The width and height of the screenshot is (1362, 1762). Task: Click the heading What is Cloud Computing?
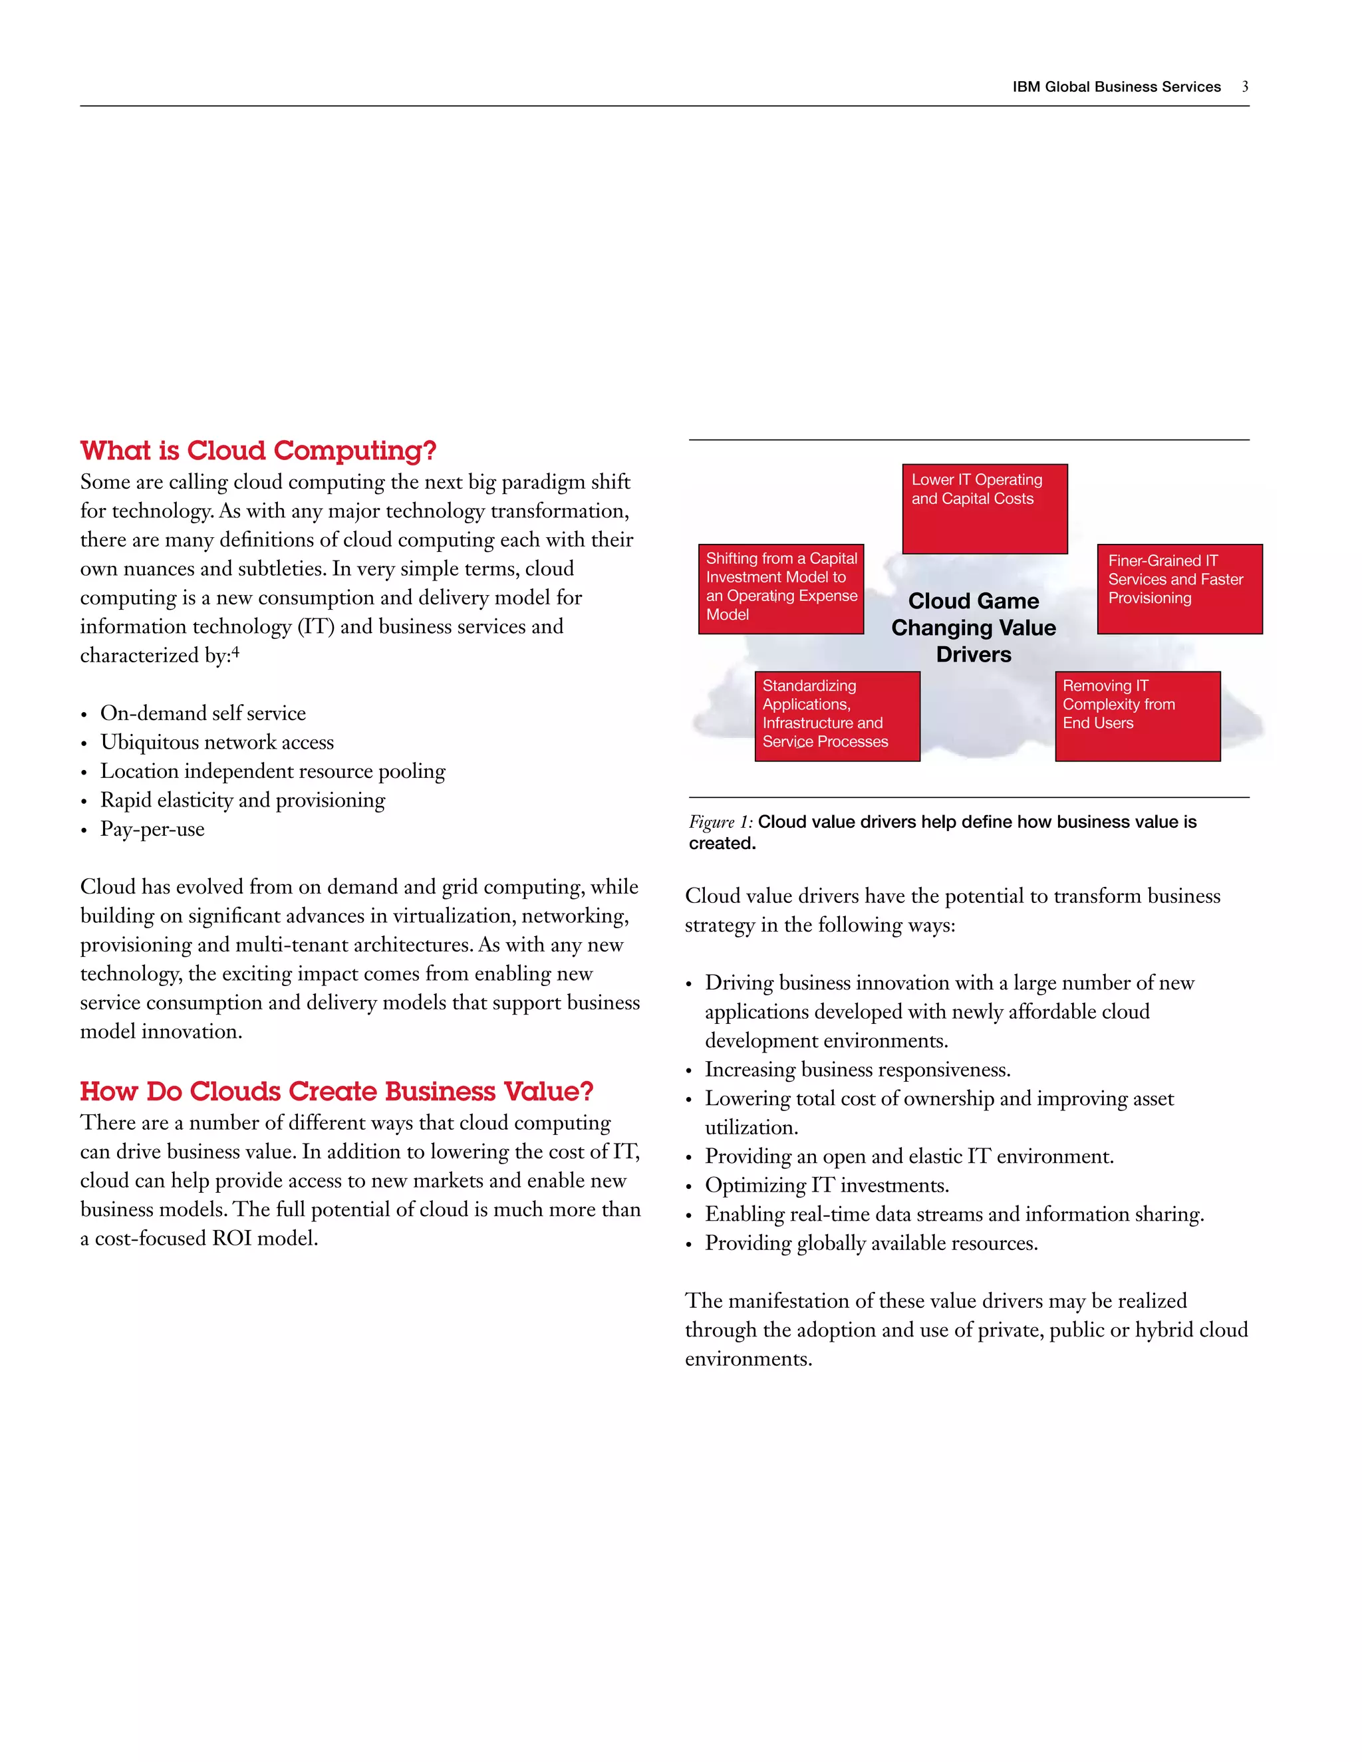pos(258,450)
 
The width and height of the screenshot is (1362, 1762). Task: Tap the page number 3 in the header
pos(1245,87)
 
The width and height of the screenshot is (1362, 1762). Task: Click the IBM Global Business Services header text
pos(1116,87)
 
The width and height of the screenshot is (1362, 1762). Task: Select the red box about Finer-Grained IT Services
pos(1180,588)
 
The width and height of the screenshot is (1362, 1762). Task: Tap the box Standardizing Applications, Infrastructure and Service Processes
pos(837,715)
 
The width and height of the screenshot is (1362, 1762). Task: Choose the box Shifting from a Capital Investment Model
pos(780,588)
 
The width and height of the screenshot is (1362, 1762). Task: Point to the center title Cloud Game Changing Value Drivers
pos(973,628)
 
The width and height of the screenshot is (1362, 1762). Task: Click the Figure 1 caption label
pos(720,822)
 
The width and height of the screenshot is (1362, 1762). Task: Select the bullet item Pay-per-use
pos(152,829)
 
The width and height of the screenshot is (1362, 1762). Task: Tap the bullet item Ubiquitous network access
pos(217,742)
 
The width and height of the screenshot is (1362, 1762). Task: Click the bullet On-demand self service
pos(203,713)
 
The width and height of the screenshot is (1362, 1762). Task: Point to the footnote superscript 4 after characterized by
pos(235,652)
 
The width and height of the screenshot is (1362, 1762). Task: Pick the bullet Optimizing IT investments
pos(826,1185)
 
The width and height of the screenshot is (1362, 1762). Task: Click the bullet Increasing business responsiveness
pos(857,1070)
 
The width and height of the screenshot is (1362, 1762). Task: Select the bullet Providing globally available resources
pos(871,1243)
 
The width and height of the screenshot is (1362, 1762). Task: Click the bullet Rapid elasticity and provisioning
pos(242,801)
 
